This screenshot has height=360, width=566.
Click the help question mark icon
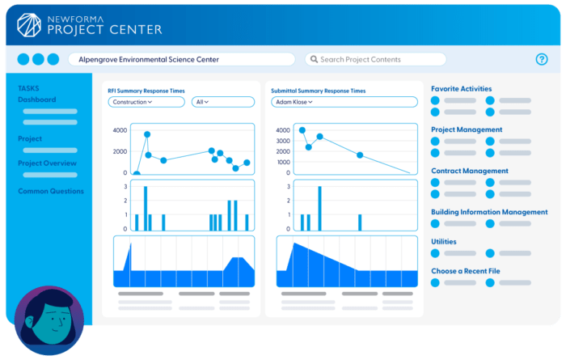[x=542, y=59]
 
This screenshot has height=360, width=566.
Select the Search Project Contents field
[x=375, y=59]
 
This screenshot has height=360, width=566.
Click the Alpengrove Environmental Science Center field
[x=181, y=59]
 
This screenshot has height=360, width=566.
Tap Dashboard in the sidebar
[x=37, y=100]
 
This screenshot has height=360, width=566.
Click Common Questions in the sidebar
[x=51, y=191]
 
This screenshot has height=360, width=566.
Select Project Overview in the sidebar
[x=47, y=163]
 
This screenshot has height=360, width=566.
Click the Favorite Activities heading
[x=461, y=89]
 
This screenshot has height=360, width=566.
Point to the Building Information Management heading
[x=489, y=212]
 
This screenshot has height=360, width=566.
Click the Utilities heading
[x=444, y=241]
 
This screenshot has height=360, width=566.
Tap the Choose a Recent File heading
[x=471, y=271]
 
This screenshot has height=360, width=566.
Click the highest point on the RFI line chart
[x=147, y=134]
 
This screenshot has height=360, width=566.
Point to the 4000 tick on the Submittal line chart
[x=283, y=130]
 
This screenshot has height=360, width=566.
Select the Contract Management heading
[x=470, y=171]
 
